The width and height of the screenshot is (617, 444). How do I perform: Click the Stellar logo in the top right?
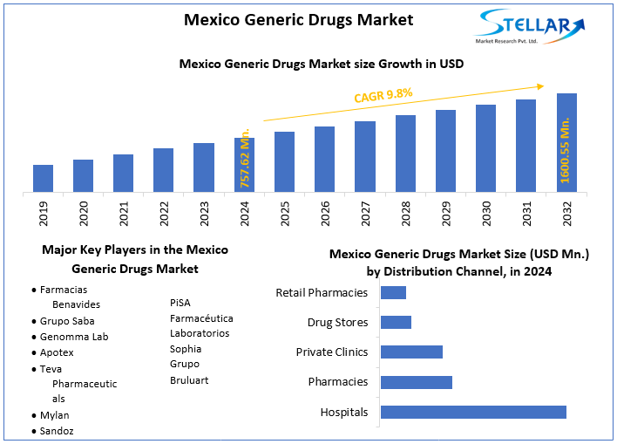(x=532, y=25)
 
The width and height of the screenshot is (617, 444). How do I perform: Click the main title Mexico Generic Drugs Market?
(x=298, y=19)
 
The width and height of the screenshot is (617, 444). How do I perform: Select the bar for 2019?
(x=43, y=178)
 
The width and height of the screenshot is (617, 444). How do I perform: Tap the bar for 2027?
(x=365, y=156)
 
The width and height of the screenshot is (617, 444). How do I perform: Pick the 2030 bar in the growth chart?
(x=485, y=148)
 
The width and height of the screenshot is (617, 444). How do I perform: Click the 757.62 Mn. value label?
(x=244, y=157)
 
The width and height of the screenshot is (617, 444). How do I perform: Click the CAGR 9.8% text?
(x=383, y=95)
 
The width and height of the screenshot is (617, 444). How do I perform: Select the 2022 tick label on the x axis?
(x=164, y=214)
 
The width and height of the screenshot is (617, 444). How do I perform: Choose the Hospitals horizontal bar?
(x=473, y=412)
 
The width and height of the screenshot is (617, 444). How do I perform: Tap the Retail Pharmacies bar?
(x=393, y=293)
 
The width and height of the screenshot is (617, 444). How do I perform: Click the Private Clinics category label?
(x=331, y=352)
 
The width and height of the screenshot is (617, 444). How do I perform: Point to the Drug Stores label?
(x=337, y=323)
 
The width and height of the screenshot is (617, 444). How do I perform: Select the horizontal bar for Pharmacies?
(x=416, y=382)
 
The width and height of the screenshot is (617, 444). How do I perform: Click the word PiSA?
(x=181, y=303)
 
